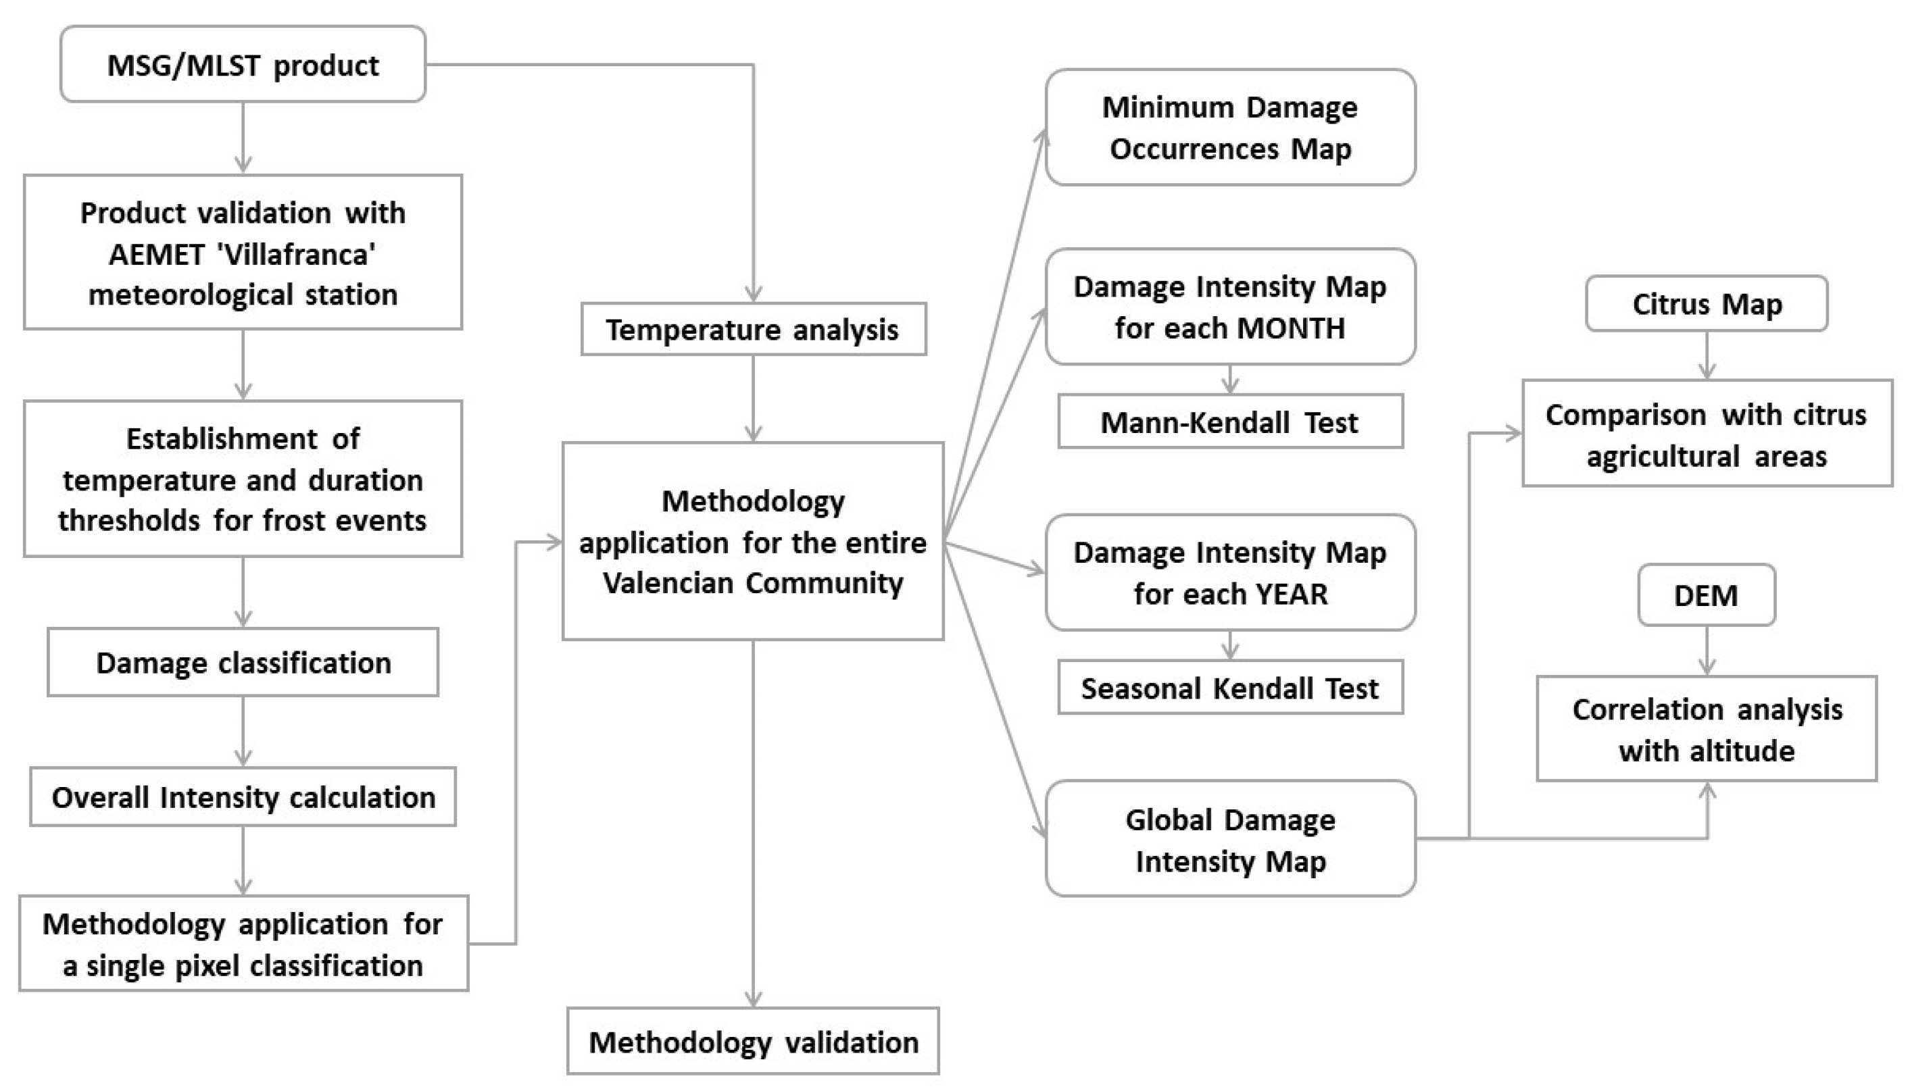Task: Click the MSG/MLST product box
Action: (243, 64)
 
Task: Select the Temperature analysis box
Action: (753, 329)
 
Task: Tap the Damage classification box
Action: (243, 662)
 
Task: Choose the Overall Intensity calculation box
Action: (243, 796)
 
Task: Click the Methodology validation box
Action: (753, 1041)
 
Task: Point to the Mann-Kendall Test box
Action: (1229, 422)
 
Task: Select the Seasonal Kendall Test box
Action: (1229, 687)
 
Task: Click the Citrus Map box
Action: (1706, 304)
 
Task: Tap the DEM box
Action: (1706, 595)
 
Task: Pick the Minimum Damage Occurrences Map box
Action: (1230, 127)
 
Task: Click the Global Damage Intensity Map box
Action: (1230, 839)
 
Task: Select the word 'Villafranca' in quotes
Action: (296, 254)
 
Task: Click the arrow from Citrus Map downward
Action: (1707, 355)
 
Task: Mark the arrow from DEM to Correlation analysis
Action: (1707, 650)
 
